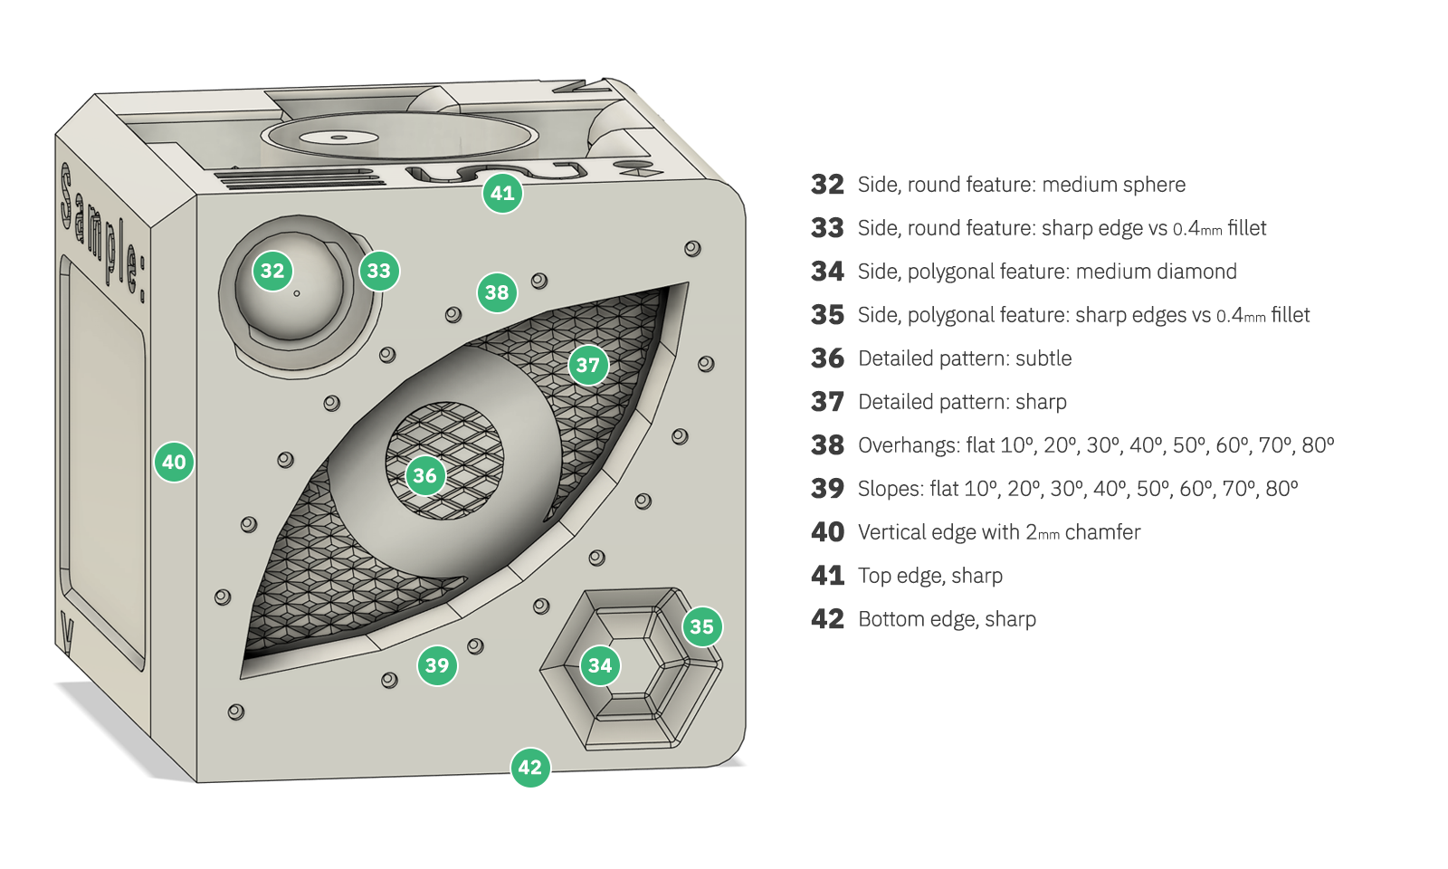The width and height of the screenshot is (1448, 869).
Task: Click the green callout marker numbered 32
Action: click(272, 271)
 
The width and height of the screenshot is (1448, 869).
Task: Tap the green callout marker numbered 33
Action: click(379, 271)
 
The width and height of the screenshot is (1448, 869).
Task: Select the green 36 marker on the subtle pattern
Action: click(424, 475)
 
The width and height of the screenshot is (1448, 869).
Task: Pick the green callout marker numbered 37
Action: click(588, 365)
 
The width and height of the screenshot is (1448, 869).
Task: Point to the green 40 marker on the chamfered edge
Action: click(174, 462)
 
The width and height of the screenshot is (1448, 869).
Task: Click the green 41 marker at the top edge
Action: click(502, 193)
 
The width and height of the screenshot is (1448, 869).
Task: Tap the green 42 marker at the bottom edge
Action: click(530, 768)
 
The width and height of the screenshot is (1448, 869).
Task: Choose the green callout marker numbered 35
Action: click(701, 626)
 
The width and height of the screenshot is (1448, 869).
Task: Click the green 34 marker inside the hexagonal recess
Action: click(600, 666)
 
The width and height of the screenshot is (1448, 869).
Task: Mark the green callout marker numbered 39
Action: click(437, 666)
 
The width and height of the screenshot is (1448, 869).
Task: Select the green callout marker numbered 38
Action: click(497, 292)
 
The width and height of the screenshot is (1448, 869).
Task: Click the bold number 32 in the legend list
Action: click(827, 185)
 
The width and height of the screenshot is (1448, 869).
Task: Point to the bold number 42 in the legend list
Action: click(827, 619)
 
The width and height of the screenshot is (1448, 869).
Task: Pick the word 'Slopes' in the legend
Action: click(890, 489)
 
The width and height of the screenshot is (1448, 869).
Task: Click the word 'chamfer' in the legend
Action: click(1102, 532)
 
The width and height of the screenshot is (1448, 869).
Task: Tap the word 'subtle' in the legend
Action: click(1043, 358)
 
